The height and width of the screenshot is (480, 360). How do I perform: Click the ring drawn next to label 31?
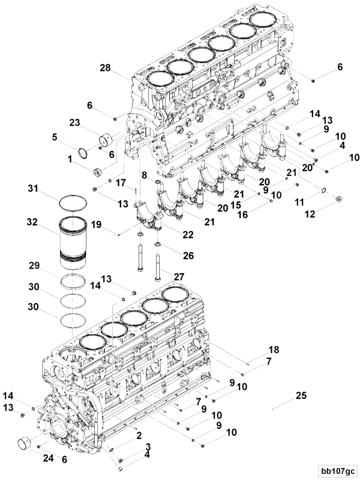[x=75, y=201]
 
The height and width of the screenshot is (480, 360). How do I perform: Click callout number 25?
[x=301, y=395]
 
